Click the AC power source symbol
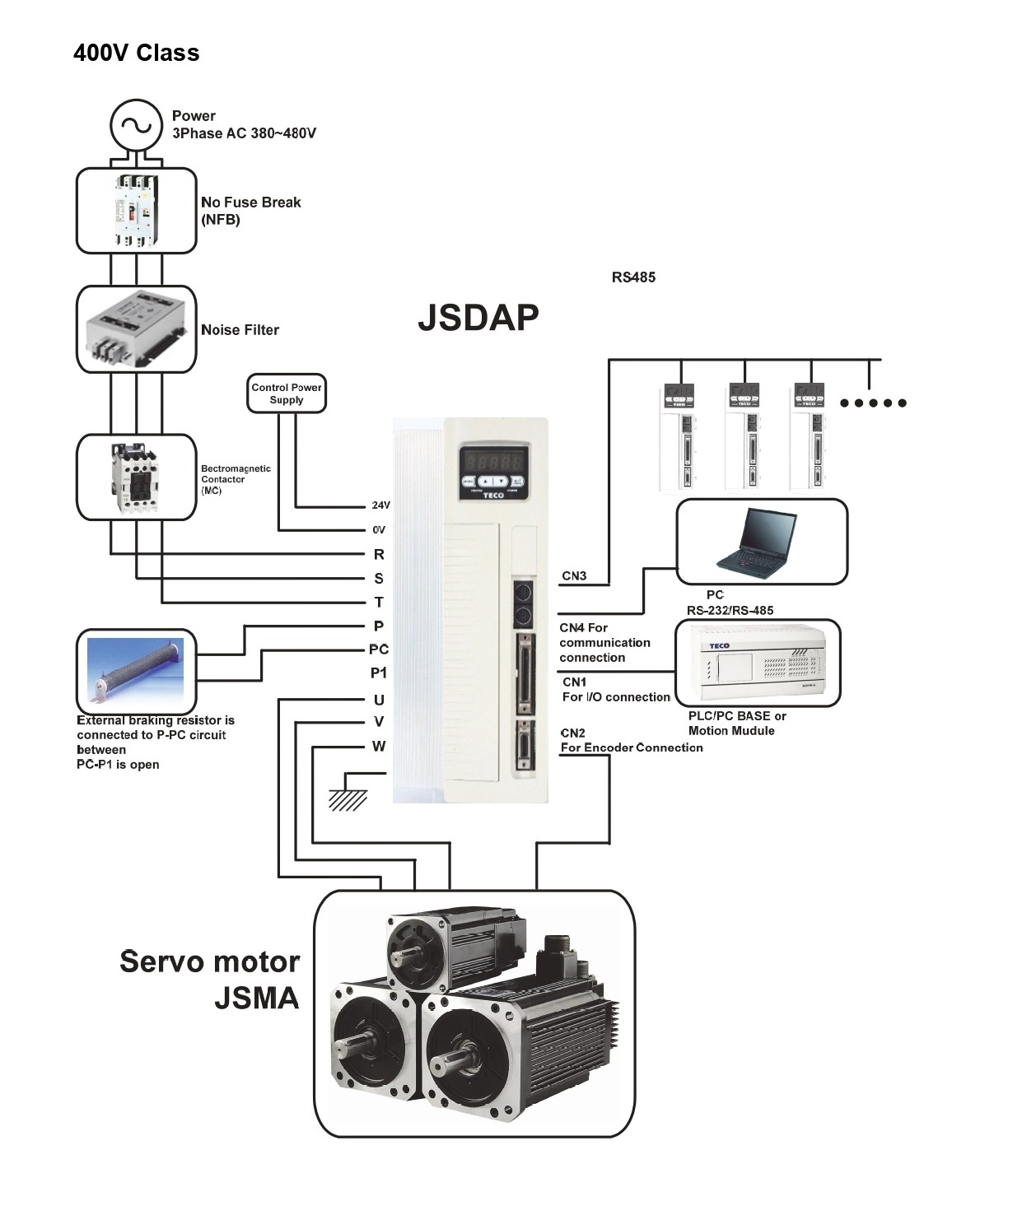(136, 126)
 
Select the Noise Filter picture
(136, 329)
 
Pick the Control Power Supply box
(287, 393)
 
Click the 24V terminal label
(380, 505)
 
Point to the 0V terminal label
(379, 530)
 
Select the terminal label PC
(379, 649)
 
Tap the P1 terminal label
(379, 673)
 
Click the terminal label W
(379, 747)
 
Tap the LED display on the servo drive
(492, 460)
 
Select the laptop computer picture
(758, 541)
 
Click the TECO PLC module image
(756, 663)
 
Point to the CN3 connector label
(574, 576)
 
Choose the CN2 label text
(573, 733)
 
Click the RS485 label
(633, 277)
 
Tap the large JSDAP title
(478, 318)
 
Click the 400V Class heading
(137, 54)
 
